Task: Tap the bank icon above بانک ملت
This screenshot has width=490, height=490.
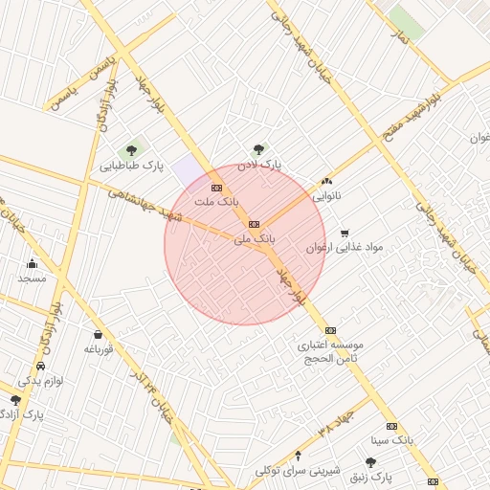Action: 216,188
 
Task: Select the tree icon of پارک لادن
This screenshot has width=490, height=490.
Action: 258,149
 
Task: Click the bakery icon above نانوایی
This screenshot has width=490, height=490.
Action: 327,181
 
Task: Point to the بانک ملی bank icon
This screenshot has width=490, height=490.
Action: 254,224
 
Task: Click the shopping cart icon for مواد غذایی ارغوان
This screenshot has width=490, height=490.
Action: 345,233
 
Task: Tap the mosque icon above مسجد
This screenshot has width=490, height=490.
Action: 32,263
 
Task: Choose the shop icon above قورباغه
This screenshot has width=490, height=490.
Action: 99,335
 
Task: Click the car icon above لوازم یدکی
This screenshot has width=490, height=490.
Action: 40,367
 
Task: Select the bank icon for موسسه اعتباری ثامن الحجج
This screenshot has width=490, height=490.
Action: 330,330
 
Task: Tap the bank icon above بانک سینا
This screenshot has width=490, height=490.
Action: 390,426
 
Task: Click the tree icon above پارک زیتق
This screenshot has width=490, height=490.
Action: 370,462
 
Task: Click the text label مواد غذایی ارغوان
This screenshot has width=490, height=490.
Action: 345,247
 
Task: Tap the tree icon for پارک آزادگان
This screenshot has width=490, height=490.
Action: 16,400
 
